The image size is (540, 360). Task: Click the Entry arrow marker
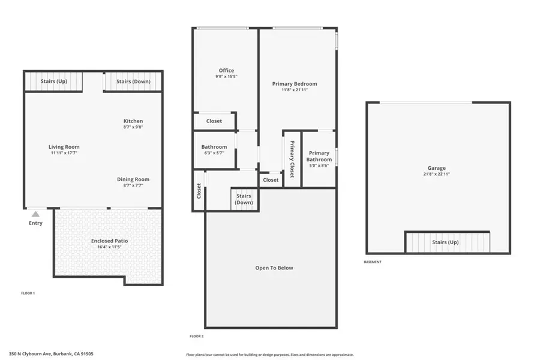pos(35,214)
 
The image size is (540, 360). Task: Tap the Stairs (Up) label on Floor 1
pos(53,81)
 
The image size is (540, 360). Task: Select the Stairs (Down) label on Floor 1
pos(133,81)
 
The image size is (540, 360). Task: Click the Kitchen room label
pos(133,121)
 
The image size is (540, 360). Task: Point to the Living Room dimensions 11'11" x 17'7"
pos(64,153)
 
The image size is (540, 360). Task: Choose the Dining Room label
pos(133,179)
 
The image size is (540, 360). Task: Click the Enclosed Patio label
pos(109,241)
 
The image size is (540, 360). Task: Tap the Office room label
pos(226,71)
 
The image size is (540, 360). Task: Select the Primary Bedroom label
pos(294,84)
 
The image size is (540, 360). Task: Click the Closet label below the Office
pos(214,121)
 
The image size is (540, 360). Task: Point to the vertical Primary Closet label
pos(292,159)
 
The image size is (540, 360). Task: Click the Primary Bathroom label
pos(319,156)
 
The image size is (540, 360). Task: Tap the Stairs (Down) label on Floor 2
pos(244,199)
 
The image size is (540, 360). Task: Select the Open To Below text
pos(274,268)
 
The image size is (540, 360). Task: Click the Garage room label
pos(436,168)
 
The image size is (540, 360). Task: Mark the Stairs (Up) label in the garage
pos(445,242)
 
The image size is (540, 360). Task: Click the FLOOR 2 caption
pos(196,337)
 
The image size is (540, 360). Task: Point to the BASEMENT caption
pos(373,262)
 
